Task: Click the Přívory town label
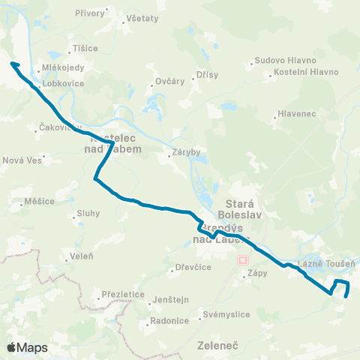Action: point(91,13)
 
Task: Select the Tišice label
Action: point(85,48)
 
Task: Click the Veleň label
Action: point(80,256)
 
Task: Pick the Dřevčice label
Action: point(191,266)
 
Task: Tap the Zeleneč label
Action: point(217,346)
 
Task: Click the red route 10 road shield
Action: point(241,259)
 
